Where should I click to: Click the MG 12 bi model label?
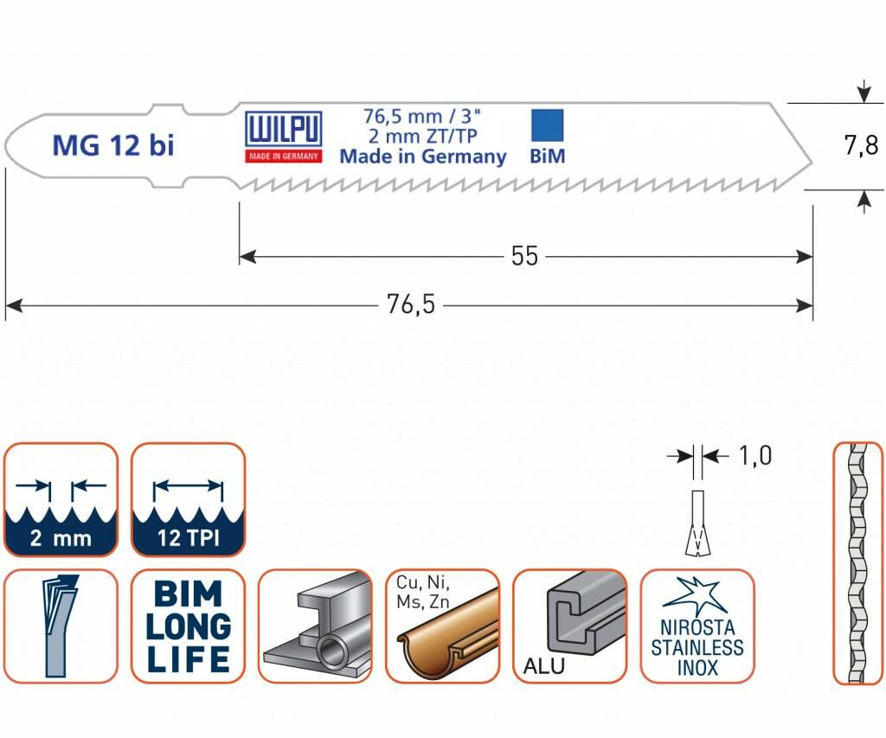coord(112,145)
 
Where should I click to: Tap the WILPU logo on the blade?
coord(284,137)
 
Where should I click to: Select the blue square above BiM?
coord(546,125)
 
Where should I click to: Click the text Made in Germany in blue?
coord(422,157)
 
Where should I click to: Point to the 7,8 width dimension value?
coord(861,145)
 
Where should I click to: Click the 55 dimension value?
coord(524,256)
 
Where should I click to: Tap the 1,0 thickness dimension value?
coord(755,455)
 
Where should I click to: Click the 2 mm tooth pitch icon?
coord(60,500)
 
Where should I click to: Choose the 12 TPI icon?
coord(188,500)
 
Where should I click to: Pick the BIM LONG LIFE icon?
coord(188,626)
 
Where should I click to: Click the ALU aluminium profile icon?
coord(569,626)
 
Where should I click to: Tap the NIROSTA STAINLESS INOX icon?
coord(697,626)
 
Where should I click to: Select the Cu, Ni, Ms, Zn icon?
coord(442,626)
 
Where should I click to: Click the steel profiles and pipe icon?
coord(315,626)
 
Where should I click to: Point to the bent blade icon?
coord(60,626)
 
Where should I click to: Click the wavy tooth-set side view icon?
coord(857,563)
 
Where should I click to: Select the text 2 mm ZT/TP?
coord(422,136)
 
